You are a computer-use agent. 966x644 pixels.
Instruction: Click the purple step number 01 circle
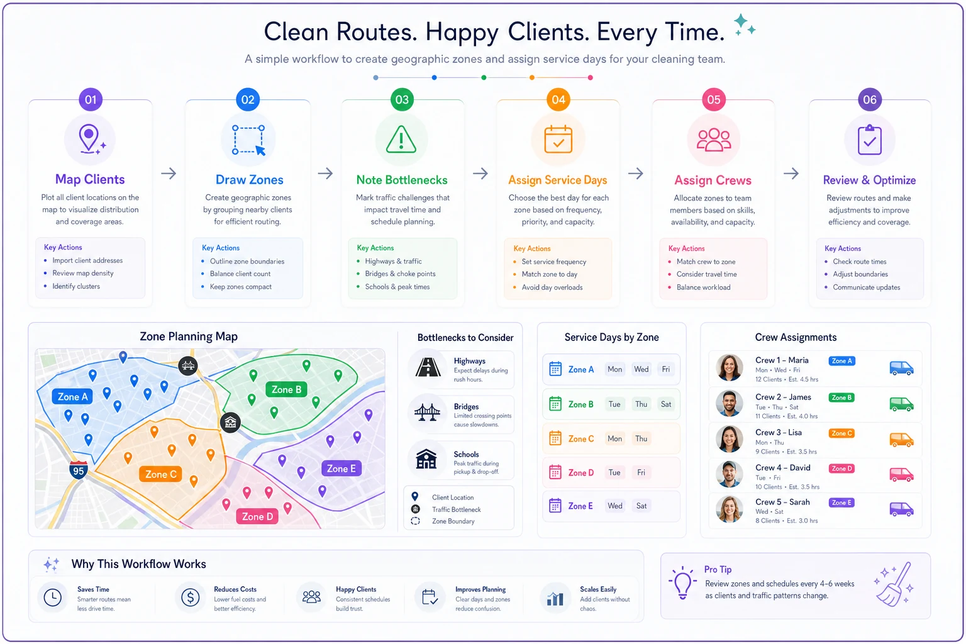[91, 99]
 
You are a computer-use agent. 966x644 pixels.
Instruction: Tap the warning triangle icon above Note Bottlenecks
[401, 140]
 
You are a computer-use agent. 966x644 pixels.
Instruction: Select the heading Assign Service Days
[558, 180]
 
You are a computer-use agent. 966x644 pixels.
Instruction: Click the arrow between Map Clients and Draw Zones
[169, 174]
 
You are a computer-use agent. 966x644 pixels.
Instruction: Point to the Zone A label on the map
[72, 397]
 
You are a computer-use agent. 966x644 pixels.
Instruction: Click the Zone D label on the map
[257, 516]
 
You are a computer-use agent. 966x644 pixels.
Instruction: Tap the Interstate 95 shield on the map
[79, 471]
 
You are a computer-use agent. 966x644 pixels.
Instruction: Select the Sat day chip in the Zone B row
[666, 404]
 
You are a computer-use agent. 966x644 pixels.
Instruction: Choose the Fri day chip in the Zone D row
[641, 472]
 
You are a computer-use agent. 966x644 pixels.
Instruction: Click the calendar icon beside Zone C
[555, 438]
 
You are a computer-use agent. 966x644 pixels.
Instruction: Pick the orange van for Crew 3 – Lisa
[901, 440]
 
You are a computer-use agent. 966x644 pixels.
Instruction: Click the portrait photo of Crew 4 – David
[729, 474]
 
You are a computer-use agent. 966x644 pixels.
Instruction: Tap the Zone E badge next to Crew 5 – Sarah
[841, 502]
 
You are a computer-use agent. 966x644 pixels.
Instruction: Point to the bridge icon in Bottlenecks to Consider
[427, 412]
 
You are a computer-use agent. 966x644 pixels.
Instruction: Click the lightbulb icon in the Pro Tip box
[682, 583]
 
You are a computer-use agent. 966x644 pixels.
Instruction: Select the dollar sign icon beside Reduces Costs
[190, 597]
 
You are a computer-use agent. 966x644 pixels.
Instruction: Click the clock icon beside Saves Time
[53, 597]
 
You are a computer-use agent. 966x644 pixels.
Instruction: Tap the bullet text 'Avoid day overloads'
[552, 287]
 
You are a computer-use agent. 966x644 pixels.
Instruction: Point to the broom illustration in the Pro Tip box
[894, 584]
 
